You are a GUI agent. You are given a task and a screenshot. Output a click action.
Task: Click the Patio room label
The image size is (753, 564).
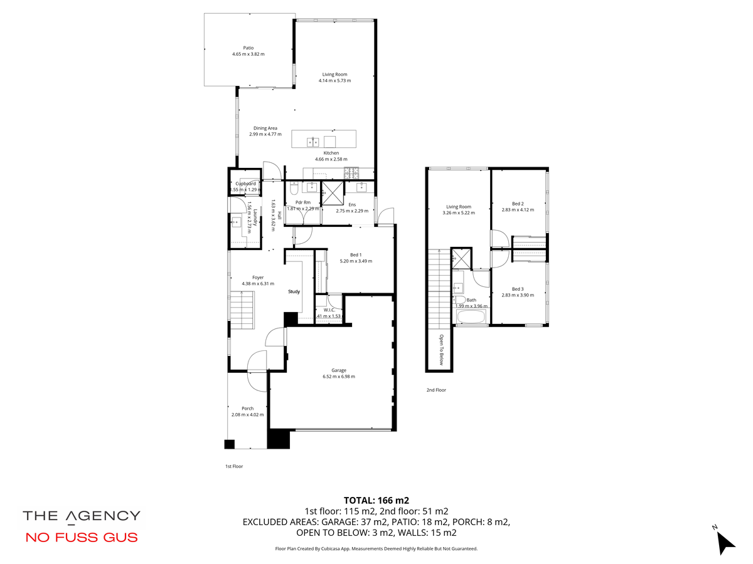[248, 48]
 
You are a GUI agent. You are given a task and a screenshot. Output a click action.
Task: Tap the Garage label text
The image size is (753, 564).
[339, 370]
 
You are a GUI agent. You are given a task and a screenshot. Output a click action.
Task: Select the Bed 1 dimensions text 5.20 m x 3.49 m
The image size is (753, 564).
[356, 261]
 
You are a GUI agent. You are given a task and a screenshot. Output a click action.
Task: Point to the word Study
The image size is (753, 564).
[294, 291]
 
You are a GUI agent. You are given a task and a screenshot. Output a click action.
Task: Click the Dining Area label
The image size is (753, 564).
[265, 128]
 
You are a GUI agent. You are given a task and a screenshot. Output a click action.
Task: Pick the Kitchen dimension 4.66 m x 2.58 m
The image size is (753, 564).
[331, 159]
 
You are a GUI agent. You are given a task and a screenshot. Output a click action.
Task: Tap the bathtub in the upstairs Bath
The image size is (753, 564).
[471, 316]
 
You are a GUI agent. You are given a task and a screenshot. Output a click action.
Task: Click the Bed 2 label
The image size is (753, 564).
[518, 204]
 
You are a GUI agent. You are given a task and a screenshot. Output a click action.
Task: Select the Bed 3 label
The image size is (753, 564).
[518, 289]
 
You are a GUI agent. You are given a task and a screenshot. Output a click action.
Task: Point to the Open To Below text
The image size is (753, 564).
[442, 350]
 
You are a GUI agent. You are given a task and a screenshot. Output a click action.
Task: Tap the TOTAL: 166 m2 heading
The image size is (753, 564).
[376, 500]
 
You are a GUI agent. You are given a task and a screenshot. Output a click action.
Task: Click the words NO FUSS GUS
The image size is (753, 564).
[82, 537]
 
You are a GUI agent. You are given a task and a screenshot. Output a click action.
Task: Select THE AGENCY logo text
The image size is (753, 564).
[82, 516]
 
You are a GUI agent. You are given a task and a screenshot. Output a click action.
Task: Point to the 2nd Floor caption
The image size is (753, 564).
[436, 390]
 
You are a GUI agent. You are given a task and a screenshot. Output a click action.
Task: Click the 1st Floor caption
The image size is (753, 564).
[234, 466]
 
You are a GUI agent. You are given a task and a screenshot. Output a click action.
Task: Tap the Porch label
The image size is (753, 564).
[247, 408]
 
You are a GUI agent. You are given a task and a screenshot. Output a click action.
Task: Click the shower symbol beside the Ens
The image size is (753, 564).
[333, 194]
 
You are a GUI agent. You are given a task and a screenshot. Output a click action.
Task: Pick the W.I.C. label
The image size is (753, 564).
[329, 310]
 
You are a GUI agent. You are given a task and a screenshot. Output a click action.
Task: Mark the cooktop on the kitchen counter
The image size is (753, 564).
[351, 173]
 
